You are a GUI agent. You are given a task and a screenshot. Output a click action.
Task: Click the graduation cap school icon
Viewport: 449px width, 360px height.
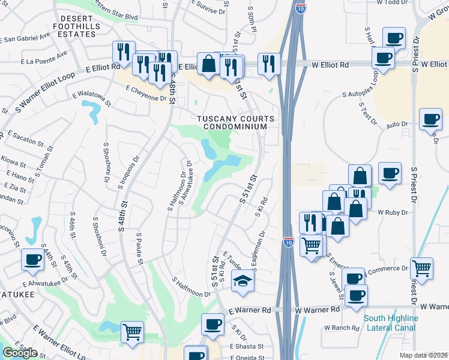243,280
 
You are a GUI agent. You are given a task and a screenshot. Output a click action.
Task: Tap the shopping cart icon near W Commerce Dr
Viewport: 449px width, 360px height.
422,268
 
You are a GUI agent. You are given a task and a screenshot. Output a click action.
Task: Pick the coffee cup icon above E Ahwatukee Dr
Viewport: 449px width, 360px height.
32,259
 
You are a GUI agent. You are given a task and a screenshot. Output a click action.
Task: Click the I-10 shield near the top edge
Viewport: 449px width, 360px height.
301,8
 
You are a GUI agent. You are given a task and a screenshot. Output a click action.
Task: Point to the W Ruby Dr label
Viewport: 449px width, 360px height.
393,212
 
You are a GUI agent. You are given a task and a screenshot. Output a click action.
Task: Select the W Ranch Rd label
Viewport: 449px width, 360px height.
342,328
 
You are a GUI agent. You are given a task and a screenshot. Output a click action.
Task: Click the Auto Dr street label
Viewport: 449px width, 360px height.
396,124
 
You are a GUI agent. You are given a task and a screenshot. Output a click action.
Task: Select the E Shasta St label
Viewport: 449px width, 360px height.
246,346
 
